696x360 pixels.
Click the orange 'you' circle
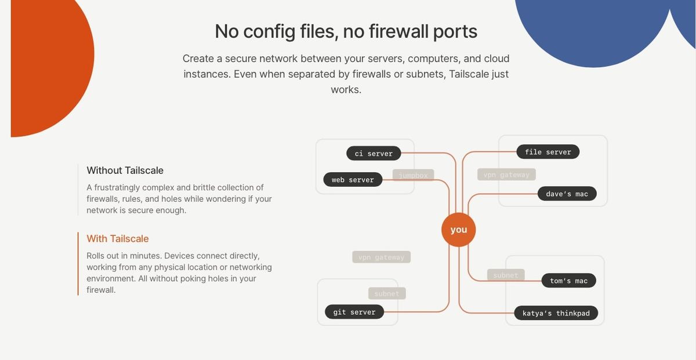(458, 230)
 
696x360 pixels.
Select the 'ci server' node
(374, 154)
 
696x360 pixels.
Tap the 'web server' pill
(353, 180)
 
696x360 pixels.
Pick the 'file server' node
(548, 152)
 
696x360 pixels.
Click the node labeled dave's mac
(567, 194)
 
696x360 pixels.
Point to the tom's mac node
(568, 281)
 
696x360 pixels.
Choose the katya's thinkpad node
(556, 313)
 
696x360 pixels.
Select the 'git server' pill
(354, 312)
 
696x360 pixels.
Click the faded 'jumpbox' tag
(413, 175)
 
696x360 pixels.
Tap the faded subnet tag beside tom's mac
(505, 275)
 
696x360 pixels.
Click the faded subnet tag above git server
(386, 293)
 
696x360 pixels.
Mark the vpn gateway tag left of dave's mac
(506, 174)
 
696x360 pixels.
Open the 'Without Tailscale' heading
(125, 170)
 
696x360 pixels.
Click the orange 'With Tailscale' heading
(118, 238)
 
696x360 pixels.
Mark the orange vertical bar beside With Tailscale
(78, 264)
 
